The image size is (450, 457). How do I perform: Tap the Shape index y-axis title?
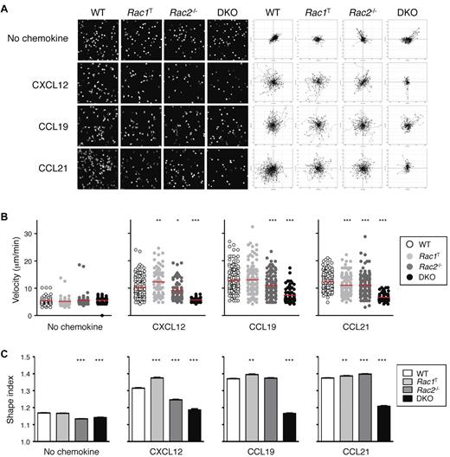(x=10, y=398)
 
